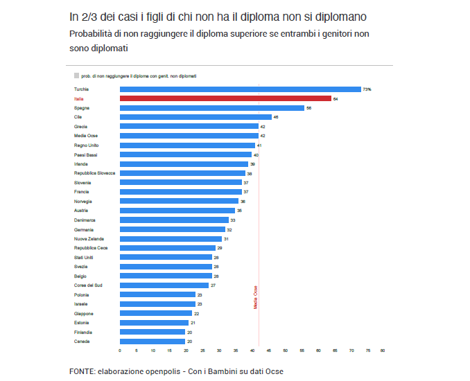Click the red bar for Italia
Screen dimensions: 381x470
(x=225, y=99)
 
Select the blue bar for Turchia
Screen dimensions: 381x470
(x=240, y=89)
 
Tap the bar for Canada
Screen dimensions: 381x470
(x=153, y=342)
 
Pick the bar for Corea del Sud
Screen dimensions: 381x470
(x=164, y=285)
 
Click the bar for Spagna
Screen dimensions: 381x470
(x=212, y=108)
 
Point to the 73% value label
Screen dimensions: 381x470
(x=367, y=89)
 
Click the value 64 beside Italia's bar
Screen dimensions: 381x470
(x=336, y=99)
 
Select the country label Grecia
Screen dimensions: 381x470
(x=80, y=127)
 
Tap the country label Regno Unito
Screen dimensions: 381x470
(x=85, y=145)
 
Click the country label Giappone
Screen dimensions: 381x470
(x=83, y=313)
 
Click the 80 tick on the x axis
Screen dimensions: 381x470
(x=382, y=351)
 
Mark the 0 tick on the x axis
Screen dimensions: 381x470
(x=121, y=351)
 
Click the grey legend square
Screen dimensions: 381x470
(x=76, y=76)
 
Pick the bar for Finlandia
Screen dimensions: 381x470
(x=153, y=332)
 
